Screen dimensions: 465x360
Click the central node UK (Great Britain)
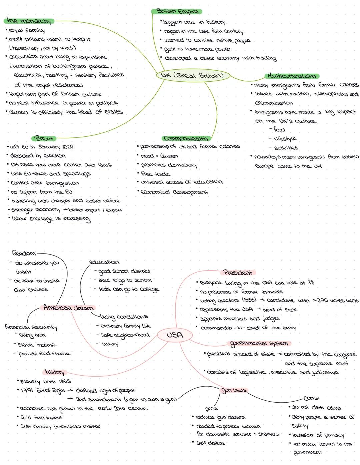click(193, 75)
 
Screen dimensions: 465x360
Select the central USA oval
click(175, 335)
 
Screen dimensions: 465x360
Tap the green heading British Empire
click(177, 11)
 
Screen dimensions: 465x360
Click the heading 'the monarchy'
click(29, 21)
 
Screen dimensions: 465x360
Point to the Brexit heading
click(44, 138)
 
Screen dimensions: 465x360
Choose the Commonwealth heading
click(186, 138)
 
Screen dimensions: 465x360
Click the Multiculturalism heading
click(292, 76)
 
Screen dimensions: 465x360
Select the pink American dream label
click(68, 307)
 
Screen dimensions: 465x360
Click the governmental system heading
click(259, 343)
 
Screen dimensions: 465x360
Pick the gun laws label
click(234, 390)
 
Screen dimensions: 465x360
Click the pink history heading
click(55, 372)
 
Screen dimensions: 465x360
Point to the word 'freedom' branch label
click(24, 253)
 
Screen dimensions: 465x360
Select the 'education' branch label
click(104, 262)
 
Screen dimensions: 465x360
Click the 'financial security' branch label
click(31, 327)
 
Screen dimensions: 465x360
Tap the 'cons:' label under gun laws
click(311, 398)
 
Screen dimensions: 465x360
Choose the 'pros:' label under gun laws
click(212, 408)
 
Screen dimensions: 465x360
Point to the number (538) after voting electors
click(249, 300)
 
